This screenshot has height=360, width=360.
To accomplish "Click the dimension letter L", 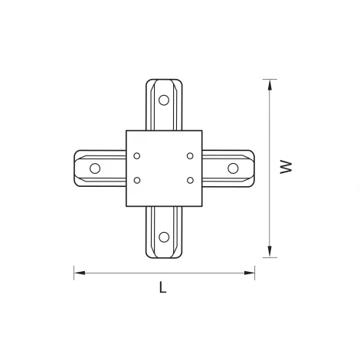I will (162, 288).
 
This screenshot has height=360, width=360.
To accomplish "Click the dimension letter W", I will (286, 167).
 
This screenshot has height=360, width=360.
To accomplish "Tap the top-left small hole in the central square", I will (137, 155).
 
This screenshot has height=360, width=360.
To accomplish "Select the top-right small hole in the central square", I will (189, 155).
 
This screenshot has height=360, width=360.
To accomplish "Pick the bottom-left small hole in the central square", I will (137, 181).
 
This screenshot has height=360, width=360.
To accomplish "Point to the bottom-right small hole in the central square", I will (189, 181).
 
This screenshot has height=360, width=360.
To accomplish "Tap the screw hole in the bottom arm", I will (162, 237).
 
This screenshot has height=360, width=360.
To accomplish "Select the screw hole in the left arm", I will (95, 168).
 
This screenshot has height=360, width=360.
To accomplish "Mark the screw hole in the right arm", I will (231, 168).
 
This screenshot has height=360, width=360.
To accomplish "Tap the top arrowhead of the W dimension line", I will (269, 82).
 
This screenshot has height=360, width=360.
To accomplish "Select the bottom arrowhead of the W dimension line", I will (269, 253).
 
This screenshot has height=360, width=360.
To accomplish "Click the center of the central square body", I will (163, 168).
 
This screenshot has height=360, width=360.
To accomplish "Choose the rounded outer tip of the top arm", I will (162, 79).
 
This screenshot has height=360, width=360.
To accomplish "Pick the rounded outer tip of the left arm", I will (74, 168).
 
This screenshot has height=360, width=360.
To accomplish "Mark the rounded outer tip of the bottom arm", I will (162, 257).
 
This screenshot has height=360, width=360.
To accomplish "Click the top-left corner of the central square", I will (125, 130).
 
